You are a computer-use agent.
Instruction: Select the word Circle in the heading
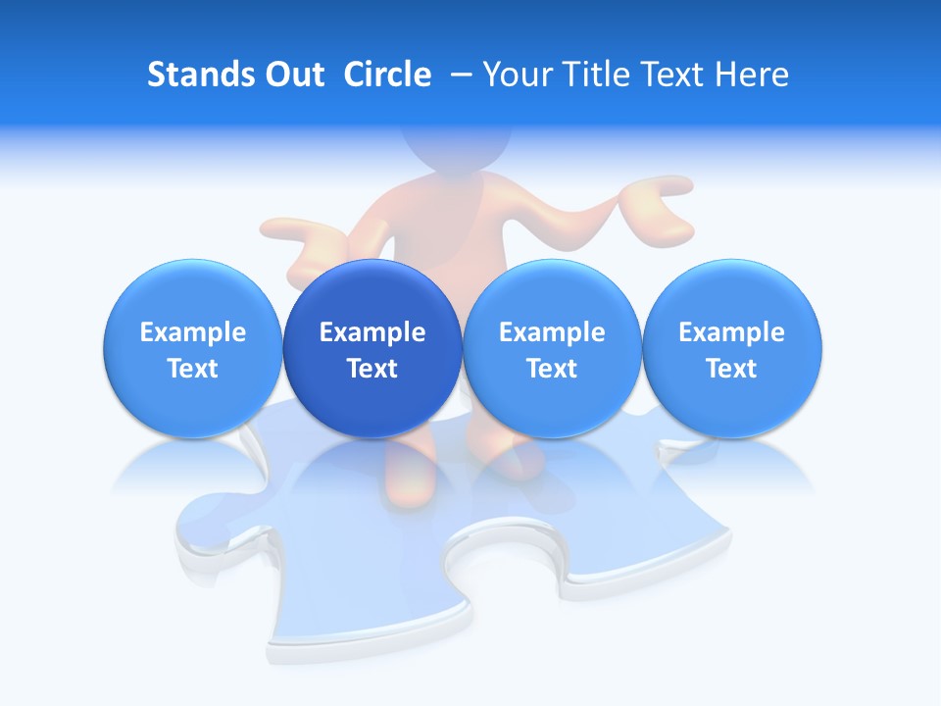(387, 75)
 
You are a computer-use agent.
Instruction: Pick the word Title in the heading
(591, 75)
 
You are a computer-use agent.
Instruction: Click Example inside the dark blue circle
(372, 332)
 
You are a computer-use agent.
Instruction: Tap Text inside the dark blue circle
(372, 369)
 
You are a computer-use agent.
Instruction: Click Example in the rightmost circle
(732, 332)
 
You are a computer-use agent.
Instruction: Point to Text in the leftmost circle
(193, 369)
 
